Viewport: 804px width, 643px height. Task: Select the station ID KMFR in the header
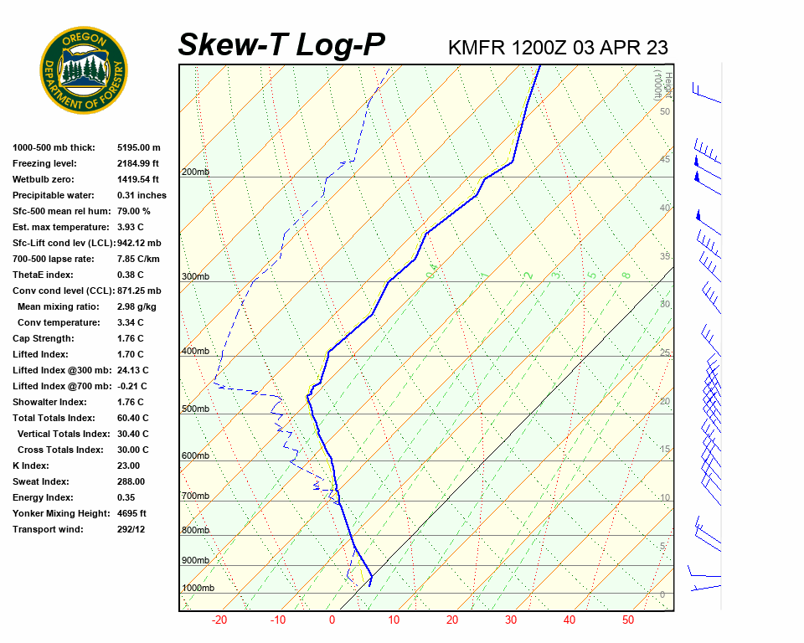tap(477, 48)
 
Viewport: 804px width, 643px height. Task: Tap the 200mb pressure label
tap(195, 172)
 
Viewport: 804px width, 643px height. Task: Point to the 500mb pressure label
tap(195, 409)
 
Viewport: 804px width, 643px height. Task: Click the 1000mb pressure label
tap(198, 588)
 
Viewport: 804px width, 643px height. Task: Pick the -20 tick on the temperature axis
tap(219, 620)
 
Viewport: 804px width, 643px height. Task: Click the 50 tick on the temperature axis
tap(628, 620)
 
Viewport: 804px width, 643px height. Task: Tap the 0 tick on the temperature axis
tap(332, 620)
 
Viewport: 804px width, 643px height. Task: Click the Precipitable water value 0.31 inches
tap(142, 195)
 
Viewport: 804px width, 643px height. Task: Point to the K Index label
tap(31, 466)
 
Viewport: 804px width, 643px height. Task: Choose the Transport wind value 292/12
tap(131, 529)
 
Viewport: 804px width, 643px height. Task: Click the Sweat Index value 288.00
tap(131, 481)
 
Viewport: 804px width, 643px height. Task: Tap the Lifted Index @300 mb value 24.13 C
tap(133, 370)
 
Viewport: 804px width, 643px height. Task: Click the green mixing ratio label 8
tap(626, 275)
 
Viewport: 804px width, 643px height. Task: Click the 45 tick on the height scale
tap(665, 159)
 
